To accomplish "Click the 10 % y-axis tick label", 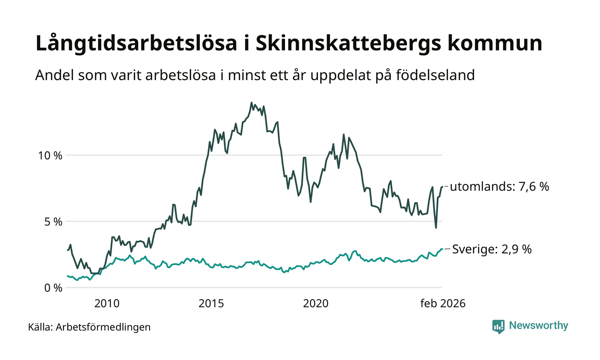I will pyautogui.click(x=48, y=155).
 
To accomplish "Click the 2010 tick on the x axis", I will pyautogui.click(x=107, y=304).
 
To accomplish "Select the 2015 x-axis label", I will pyautogui.click(x=211, y=304).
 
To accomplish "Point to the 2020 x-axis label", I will pyautogui.click(x=315, y=304).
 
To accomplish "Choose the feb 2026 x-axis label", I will pyautogui.click(x=442, y=304).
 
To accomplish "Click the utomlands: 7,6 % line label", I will pyautogui.click(x=499, y=187).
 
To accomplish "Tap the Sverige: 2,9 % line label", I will pyautogui.click(x=492, y=249).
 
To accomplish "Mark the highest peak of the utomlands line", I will pyautogui.click(x=251, y=102).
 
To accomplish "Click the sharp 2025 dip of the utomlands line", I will pyautogui.click(x=436, y=228).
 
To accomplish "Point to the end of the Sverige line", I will pyautogui.click(x=442, y=249).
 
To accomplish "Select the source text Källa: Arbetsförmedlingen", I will pyautogui.click(x=90, y=327).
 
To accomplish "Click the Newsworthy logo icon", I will pyautogui.click(x=498, y=326).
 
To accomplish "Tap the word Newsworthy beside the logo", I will pyautogui.click(x=538, y=326).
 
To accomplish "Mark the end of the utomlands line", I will pyautogui.click(x=442, y=187).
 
